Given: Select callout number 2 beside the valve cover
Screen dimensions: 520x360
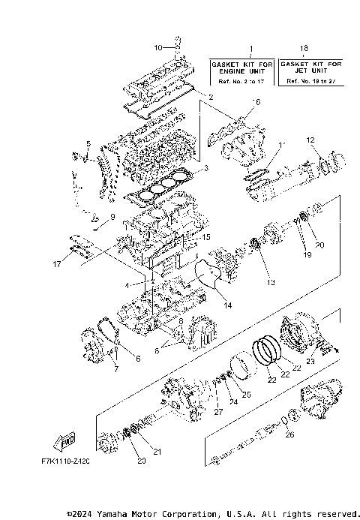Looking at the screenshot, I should (211, 98).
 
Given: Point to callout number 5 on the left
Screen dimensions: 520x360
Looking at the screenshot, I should (88, 143).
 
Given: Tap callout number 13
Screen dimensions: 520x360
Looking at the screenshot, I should (271, 282).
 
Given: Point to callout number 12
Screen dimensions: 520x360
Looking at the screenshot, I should (309, 140).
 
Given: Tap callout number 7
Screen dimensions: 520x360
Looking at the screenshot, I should (115, 369).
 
